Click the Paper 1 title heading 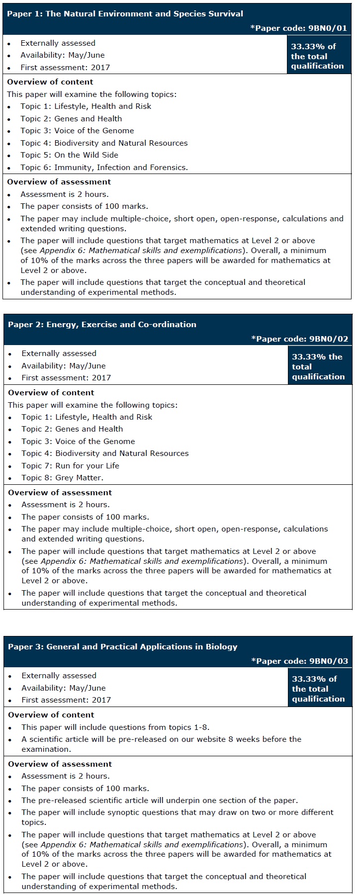pos(125,14)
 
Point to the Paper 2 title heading pos(102,325)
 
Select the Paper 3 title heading pos(122,647)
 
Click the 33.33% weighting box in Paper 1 pos(318,56)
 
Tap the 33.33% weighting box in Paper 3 pos(319,689)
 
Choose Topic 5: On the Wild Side pos(69,155)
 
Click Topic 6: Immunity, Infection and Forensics pos(104,168)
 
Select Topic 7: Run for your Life pos(70,466)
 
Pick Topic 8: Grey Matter pos(62,478)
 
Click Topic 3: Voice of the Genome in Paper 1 pos(77,131)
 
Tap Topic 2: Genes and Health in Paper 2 pos(72,429)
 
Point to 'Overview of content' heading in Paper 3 pos(51,715)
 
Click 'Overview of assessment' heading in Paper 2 pos(60,493)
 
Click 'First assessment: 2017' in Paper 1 pos(65,68)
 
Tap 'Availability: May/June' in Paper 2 pos(63,366)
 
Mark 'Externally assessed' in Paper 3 pos(59,676)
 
